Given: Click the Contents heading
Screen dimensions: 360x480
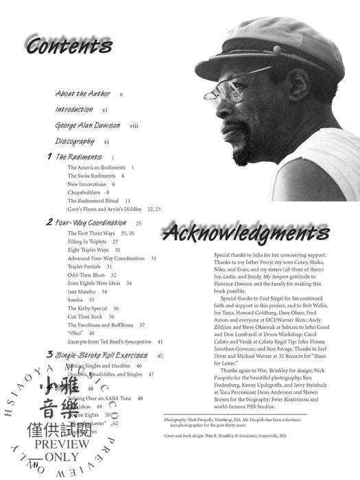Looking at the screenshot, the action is click(x=70, y=46).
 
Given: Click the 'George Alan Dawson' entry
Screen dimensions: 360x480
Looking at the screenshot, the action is click(x=88, y=125).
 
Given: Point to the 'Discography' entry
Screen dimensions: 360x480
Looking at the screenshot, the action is click(x=75, y=141).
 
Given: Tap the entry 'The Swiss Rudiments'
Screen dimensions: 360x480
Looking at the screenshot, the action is click(x=91, y=176).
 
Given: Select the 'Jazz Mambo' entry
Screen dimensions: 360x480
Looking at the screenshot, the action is click(x=82, y=291).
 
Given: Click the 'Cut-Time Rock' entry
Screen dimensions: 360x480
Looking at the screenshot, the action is click(x=86, y=317).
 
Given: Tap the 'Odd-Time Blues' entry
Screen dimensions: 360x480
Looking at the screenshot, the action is click(x=86, y=274).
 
